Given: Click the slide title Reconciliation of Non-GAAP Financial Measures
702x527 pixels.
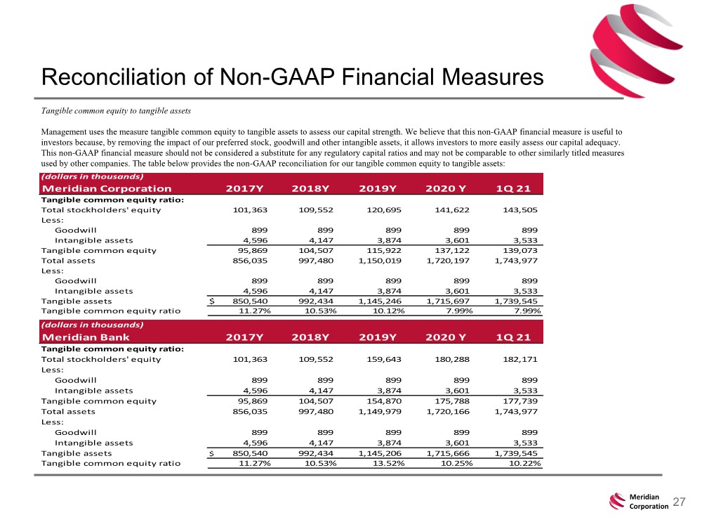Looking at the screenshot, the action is [x=292, y=77].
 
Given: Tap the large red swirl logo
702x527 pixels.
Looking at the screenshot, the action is [x=636, y=51].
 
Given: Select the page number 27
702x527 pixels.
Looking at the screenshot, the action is [x=679, y=502].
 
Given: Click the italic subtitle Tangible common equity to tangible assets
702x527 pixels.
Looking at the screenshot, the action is [x=116, y=111].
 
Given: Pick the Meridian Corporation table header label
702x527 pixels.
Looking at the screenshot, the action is [x=107, y=188].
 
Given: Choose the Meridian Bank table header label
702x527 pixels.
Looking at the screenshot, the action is [x=86, y=337].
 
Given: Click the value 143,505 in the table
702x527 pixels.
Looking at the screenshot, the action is [x=519, y=209].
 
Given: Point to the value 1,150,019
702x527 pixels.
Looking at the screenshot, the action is [x=380, y=261].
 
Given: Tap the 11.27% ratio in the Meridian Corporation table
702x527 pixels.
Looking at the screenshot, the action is [x=254, y=311].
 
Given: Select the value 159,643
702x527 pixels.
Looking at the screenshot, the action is [x=384, y=359].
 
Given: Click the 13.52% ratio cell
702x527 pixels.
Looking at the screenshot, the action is [x=389, y=463].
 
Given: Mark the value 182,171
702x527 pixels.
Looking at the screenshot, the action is [x=519, y=359].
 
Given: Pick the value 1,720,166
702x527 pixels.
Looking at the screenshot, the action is [x=448, y=411].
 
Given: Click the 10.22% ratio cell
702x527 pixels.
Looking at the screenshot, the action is [x=524, y=463].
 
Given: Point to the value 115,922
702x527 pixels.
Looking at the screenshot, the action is [x=384, y=251].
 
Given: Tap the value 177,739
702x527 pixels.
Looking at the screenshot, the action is [x=519, y=401].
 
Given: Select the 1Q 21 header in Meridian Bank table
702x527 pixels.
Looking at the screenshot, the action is [x=513, y=337].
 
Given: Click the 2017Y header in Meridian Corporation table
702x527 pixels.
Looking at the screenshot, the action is [x=244, y=188].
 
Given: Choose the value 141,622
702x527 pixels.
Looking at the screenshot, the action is [x=451, y=209].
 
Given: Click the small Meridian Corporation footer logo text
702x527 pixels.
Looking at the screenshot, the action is [x=649, y=502].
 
